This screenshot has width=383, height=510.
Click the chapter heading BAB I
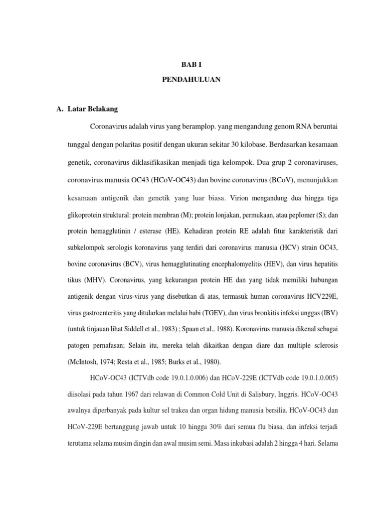click(191, 65)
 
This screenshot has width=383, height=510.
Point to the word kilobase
click(250, 144)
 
